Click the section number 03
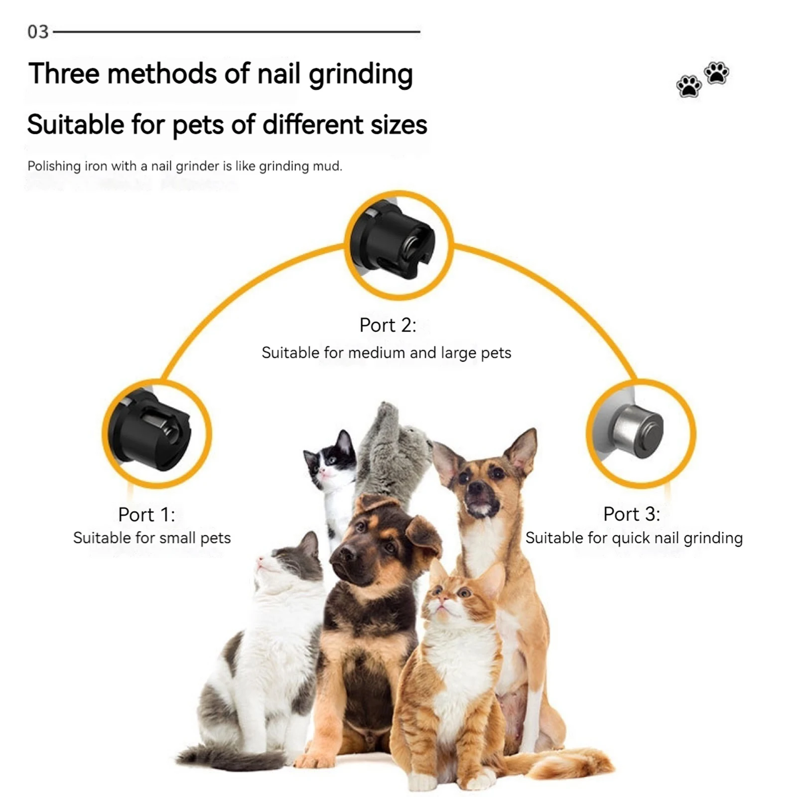(x=38, y=32)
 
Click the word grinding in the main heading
(x=361, y=75)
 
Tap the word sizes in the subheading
(x=398, y=125)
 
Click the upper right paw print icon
(x=716, y=73)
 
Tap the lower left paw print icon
(x=689, y=86)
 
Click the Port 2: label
(x=388, y=325)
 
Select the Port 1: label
(x=146, y=515)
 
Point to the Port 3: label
(x=631, y=514)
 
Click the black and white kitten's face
(x=329, y=463)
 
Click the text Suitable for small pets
(x=152, y=538)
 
